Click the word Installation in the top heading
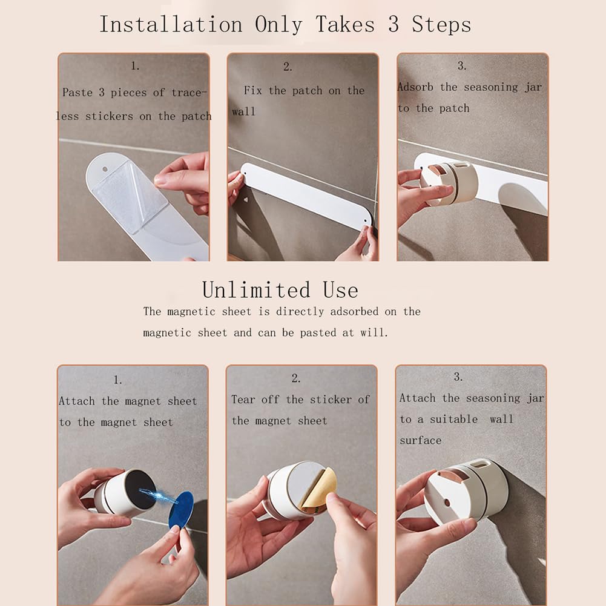[x=171, y=24]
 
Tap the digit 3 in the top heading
[x=394, y=24]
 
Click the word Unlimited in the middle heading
[x=256, y=290]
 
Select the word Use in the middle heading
[x=340, y=290]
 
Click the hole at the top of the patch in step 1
[x=105, y=170]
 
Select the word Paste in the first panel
[x=77, y=93]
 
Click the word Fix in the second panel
[x=253, y=90]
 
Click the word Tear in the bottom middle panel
[x=243, y=399]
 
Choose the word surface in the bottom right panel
[x=421, y=440]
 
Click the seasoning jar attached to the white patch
[x=449, y=183]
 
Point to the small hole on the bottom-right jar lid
[x=447, y=502]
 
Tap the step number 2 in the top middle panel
[x=287, y=67]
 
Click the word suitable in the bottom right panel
[x=453, y=419]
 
